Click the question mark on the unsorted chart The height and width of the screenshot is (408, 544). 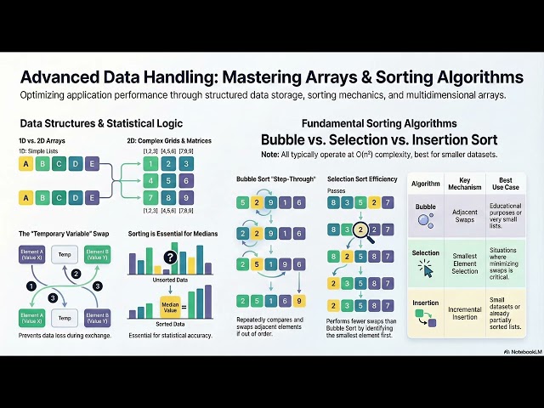[x=170, y=258]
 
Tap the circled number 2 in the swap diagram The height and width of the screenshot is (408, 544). [x=76, y=274]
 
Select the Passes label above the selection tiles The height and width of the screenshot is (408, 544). [x=336, y=191]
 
